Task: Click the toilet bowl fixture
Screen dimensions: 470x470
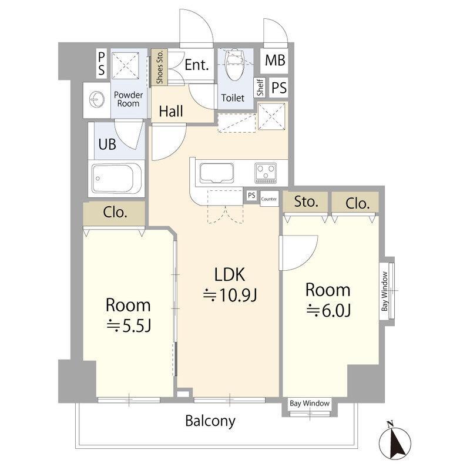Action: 234,65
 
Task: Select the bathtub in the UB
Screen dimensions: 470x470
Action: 116,179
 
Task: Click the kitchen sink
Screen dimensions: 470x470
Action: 216,173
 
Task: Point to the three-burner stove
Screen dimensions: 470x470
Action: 266,173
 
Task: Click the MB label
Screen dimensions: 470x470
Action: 275,60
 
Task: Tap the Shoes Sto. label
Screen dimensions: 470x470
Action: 160,67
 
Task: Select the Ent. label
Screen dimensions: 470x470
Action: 197,65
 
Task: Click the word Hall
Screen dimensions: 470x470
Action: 171,111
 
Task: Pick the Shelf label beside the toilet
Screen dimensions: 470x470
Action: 260,87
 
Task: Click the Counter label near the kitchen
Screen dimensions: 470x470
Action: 269,199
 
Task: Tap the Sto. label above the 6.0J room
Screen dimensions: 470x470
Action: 305,202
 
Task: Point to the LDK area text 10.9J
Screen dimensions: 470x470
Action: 230,296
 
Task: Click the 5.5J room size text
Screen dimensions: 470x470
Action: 129,325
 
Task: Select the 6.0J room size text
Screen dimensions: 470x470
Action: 328,310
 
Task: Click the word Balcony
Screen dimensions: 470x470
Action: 210,421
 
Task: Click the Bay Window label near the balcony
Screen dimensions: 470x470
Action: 310,403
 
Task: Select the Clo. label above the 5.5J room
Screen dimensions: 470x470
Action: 115,213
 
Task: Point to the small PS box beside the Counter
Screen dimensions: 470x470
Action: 251,196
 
